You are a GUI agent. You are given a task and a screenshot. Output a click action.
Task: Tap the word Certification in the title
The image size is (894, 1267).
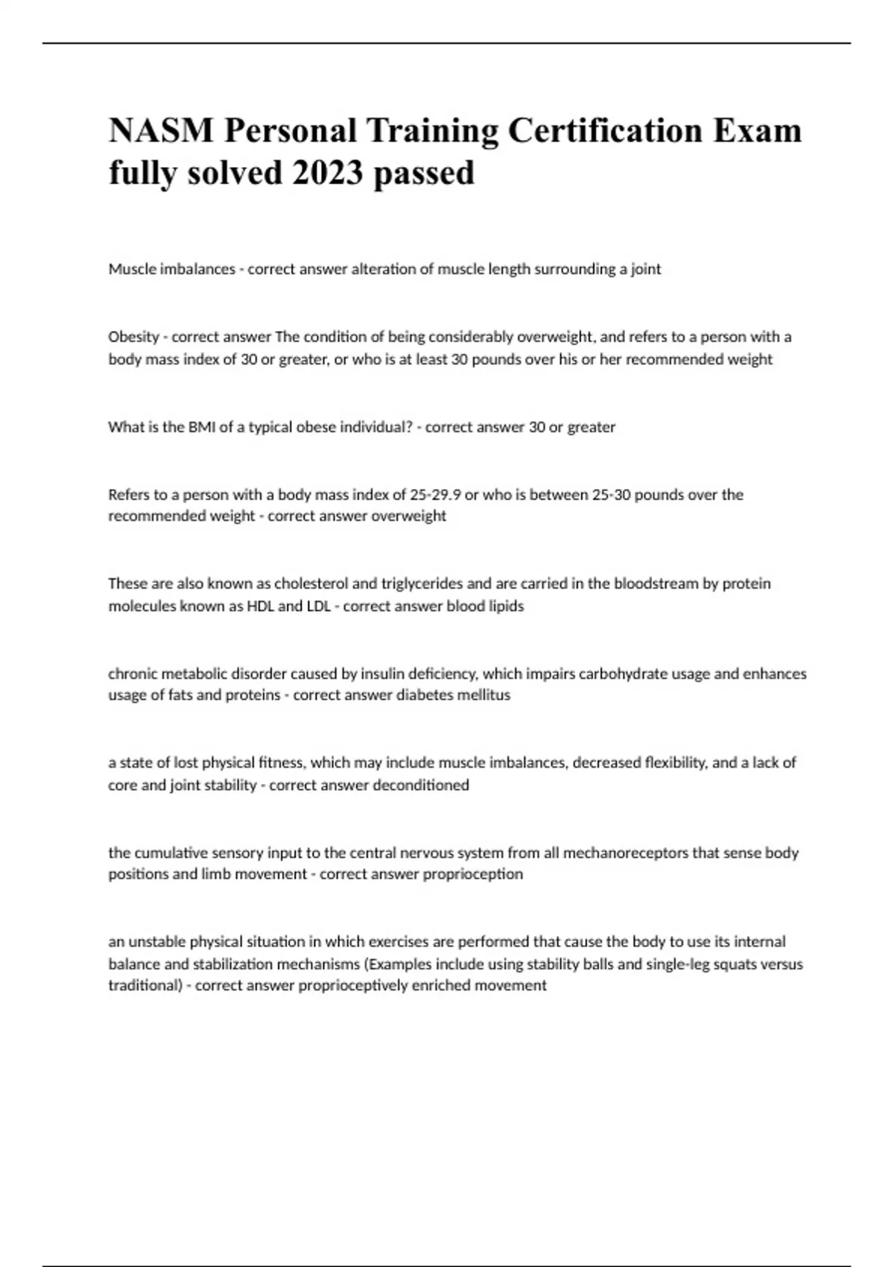point(604,130)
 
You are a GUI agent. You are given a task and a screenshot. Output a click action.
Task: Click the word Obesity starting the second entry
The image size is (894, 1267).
point(133,337)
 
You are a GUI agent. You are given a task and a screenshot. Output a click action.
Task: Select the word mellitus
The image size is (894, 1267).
point(484,695)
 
